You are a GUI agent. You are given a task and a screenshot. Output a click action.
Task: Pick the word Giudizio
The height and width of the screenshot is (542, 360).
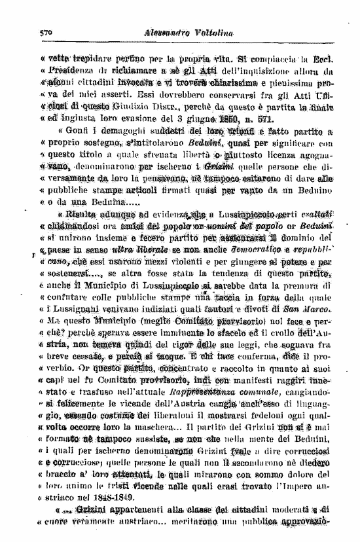(150, 107)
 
